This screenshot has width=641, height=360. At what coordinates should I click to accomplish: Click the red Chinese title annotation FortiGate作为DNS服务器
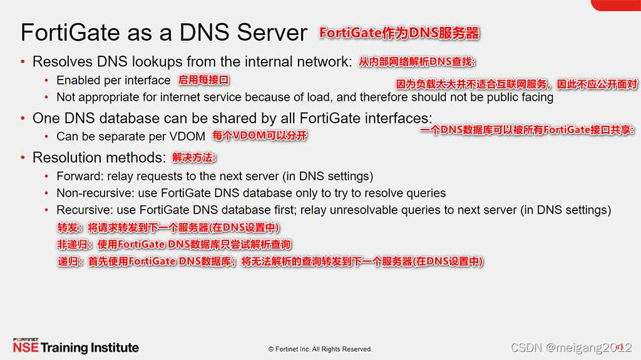tap(399, 33)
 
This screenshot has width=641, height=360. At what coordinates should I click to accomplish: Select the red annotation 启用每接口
tap(203, 80)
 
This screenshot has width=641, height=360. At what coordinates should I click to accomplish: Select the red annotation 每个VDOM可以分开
tap(259, 136)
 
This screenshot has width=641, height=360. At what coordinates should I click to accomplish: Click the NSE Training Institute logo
tap(75, 346)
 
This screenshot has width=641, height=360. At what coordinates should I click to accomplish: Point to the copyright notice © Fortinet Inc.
tap(320, 349)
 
